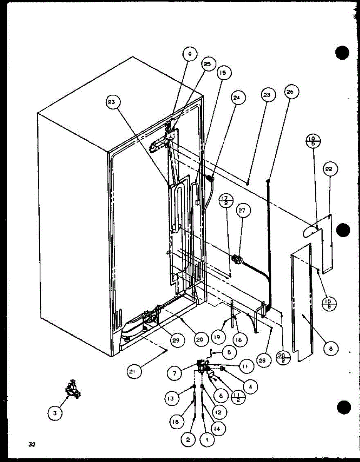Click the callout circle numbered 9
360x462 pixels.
point(189,54)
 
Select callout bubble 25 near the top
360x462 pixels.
point(208,65)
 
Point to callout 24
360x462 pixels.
point(236,98)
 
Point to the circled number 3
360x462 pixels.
point(55,413)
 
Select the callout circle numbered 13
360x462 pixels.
point(170,399)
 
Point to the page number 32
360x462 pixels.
point(32,445)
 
